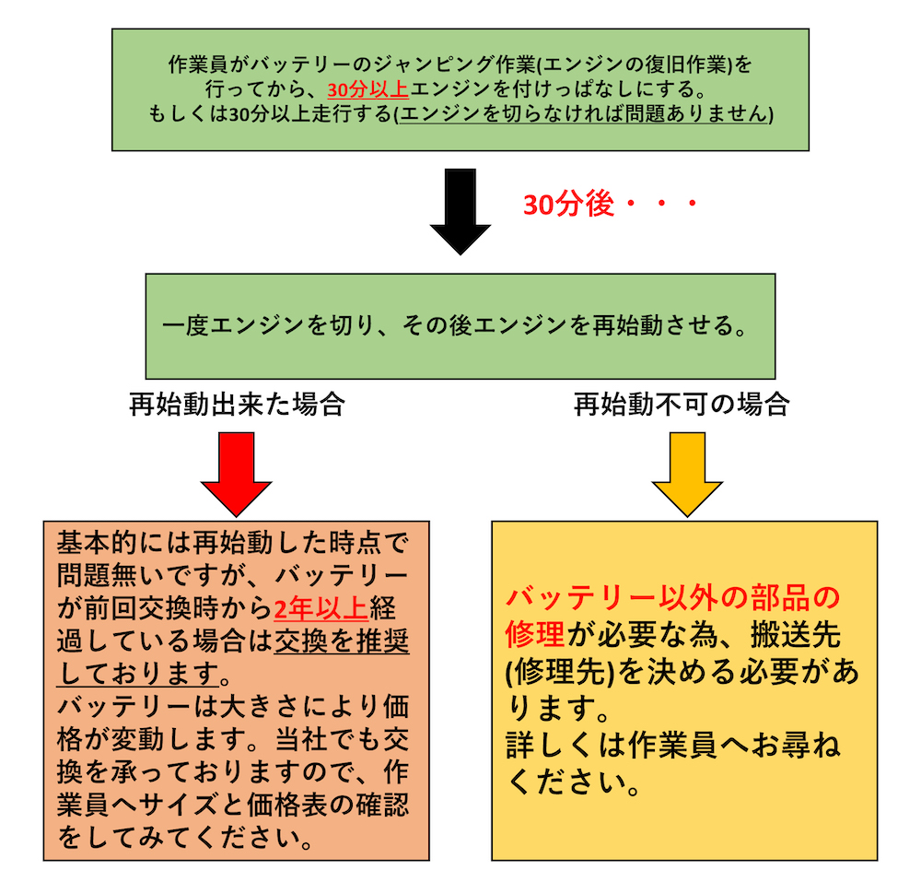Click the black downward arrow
point(460,210)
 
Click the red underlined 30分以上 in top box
point(367,89)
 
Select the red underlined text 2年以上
point(321,608)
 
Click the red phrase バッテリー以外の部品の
point(673,598)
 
